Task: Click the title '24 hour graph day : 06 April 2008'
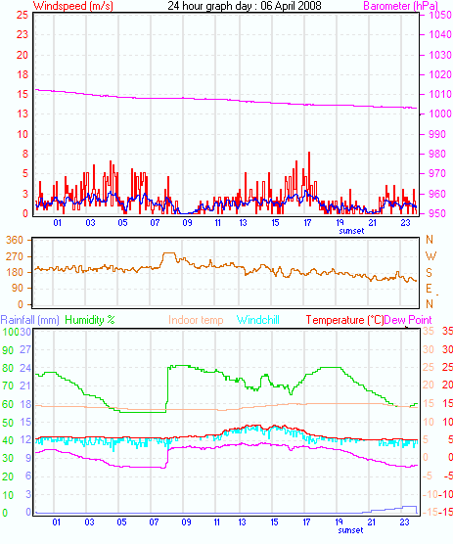245,6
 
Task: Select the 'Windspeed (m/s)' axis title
73,6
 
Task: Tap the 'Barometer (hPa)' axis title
400,6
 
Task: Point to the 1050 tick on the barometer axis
440,15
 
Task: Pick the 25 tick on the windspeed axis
22,15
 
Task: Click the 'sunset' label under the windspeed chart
351,231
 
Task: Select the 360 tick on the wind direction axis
15,240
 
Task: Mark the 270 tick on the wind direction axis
15,256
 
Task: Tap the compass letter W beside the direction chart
430,256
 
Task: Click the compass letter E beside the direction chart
430,289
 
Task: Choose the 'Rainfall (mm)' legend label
29,320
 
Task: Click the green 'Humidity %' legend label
89,320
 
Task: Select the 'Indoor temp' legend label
196,320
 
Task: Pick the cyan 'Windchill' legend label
258,320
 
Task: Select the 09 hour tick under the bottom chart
186,522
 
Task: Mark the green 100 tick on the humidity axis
10,332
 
